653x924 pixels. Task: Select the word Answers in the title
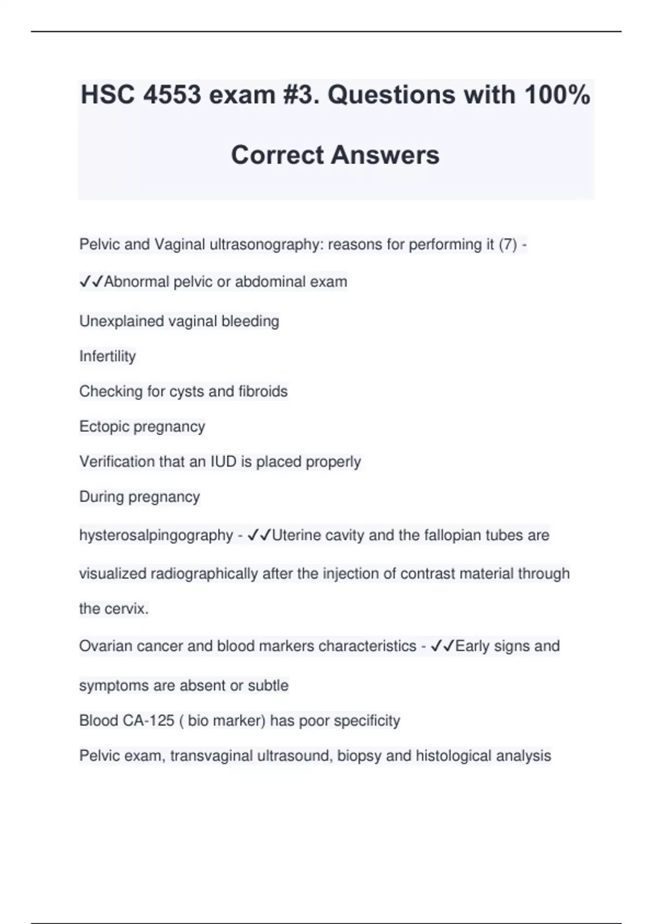[x=385, y=155]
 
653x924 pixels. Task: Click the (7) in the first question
[x=508, y=245]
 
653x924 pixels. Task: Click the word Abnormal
[x=136, y=282]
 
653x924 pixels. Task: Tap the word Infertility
[x=107, y=356]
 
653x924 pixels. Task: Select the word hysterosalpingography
[x=156, y=535]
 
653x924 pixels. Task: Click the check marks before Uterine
[x=259, y=535]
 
